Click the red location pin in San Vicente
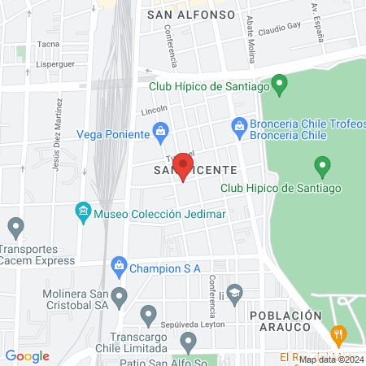tap(184, 169)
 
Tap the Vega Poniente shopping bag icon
tap(161, 131)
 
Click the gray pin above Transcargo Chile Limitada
tap(148, 314)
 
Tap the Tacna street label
tap(49, 44)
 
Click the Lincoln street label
tap(154, 109)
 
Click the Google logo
tap(28, 356)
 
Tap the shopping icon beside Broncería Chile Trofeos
tap(239, 125)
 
